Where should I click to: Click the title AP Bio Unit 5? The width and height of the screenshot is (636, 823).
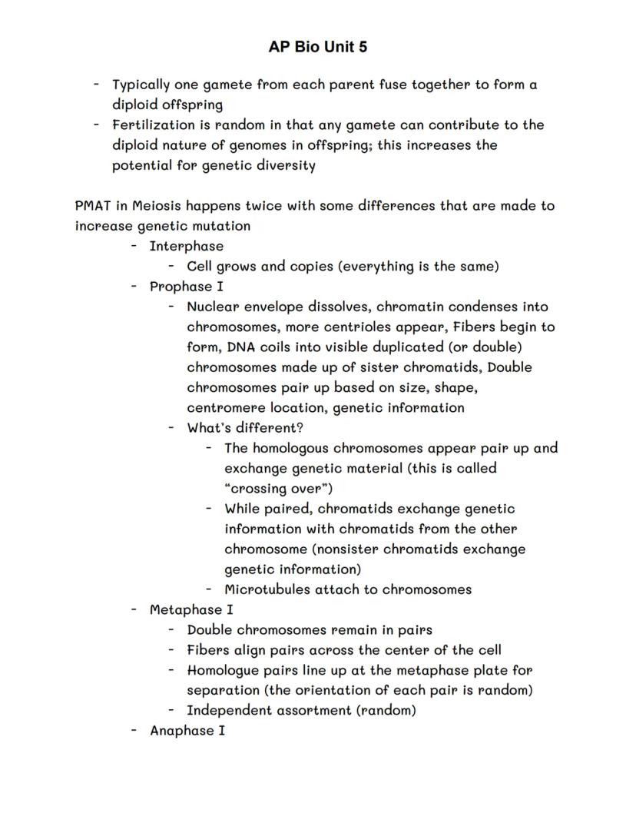tap(317, 47)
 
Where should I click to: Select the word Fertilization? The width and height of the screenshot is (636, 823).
tap(150, 124)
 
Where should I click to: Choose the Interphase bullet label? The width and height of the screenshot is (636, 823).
tap(187, 246)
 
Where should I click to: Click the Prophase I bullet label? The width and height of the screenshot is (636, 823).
tap(187, 287)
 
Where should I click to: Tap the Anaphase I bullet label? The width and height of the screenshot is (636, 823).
tap(187, 730)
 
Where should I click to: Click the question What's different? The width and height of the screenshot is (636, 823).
tap(245, 427)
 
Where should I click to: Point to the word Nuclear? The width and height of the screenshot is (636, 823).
tap(213, 307)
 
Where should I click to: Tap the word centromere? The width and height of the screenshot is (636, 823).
tap(224, 407)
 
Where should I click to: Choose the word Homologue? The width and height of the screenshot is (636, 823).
tap(223, 670)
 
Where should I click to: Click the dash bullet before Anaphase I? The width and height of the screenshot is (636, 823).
tap(134, 730)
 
